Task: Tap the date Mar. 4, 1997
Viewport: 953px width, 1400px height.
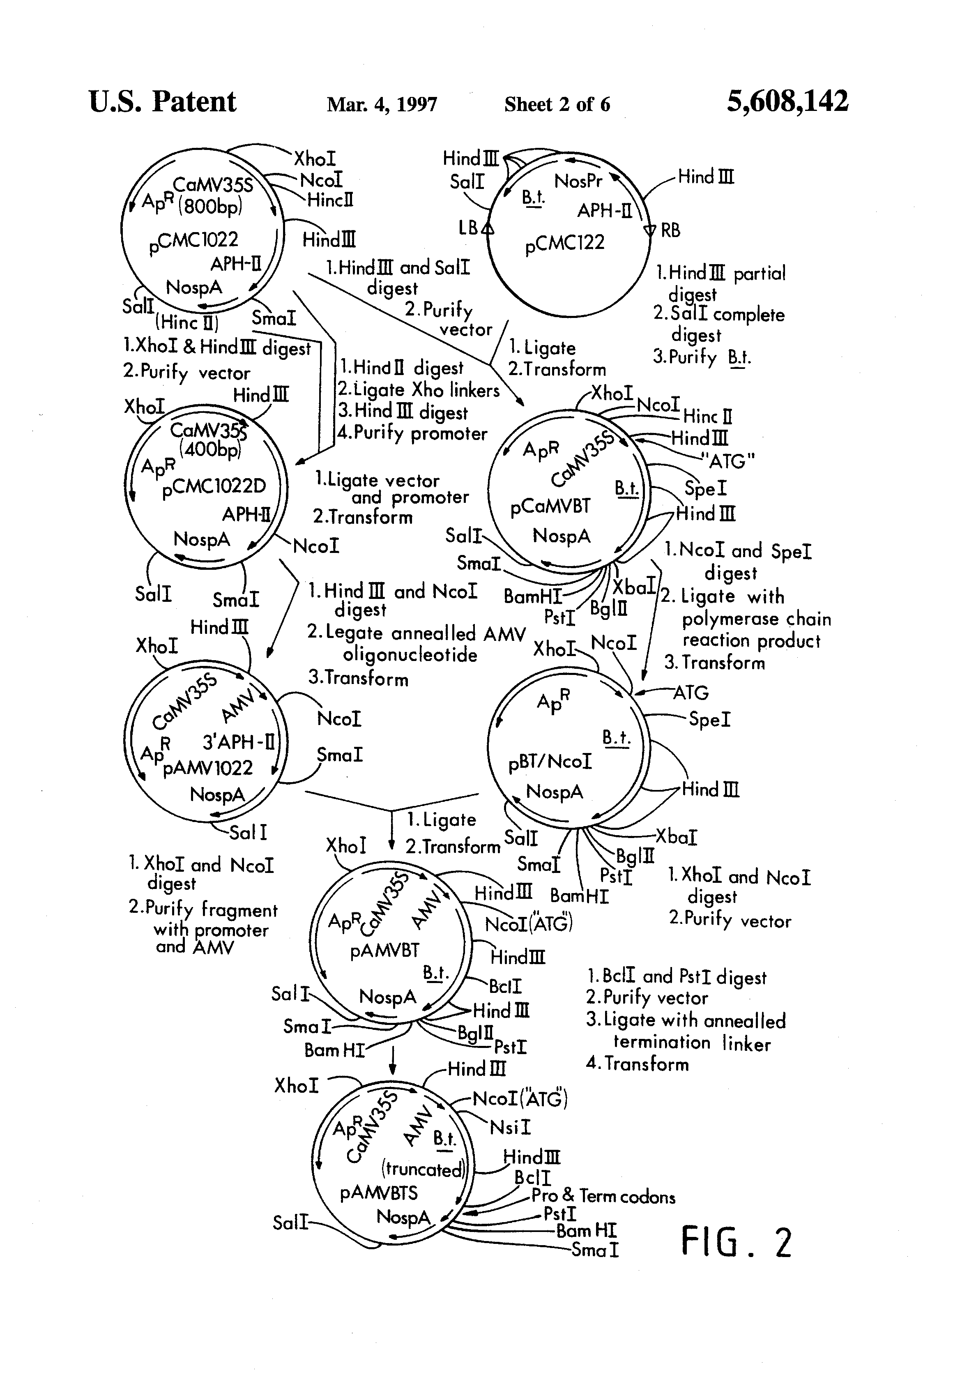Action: pyautogui.click(x=382, y=104)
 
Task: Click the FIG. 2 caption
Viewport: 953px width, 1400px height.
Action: pyautogui.click(x=736, y=1242)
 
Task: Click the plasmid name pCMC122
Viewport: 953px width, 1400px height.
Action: pyautogui.click(x=564, y=243)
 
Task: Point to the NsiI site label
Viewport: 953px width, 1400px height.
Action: pyautogui.click(x=510, y=1126)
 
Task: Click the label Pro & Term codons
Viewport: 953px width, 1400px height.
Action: pyautogui.click(x=602, y=1196)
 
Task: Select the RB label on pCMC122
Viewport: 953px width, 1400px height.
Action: pyautogui.click(x=670, y=230)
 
